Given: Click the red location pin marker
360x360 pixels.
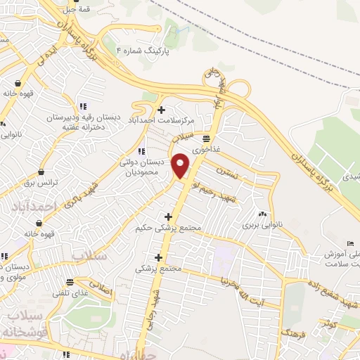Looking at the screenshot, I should pyautogui.click(x=181, y=165).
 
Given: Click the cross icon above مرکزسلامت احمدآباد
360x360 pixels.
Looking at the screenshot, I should pyautogui.click(x=162, y=109).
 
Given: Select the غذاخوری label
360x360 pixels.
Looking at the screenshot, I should pyautogui.click(x=207, y=148).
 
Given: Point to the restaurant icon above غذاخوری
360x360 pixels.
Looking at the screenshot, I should pyautogui.click(x=206, y=138).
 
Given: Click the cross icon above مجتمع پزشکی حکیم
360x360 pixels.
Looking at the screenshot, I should pyautogui.click(x=168, y=217).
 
